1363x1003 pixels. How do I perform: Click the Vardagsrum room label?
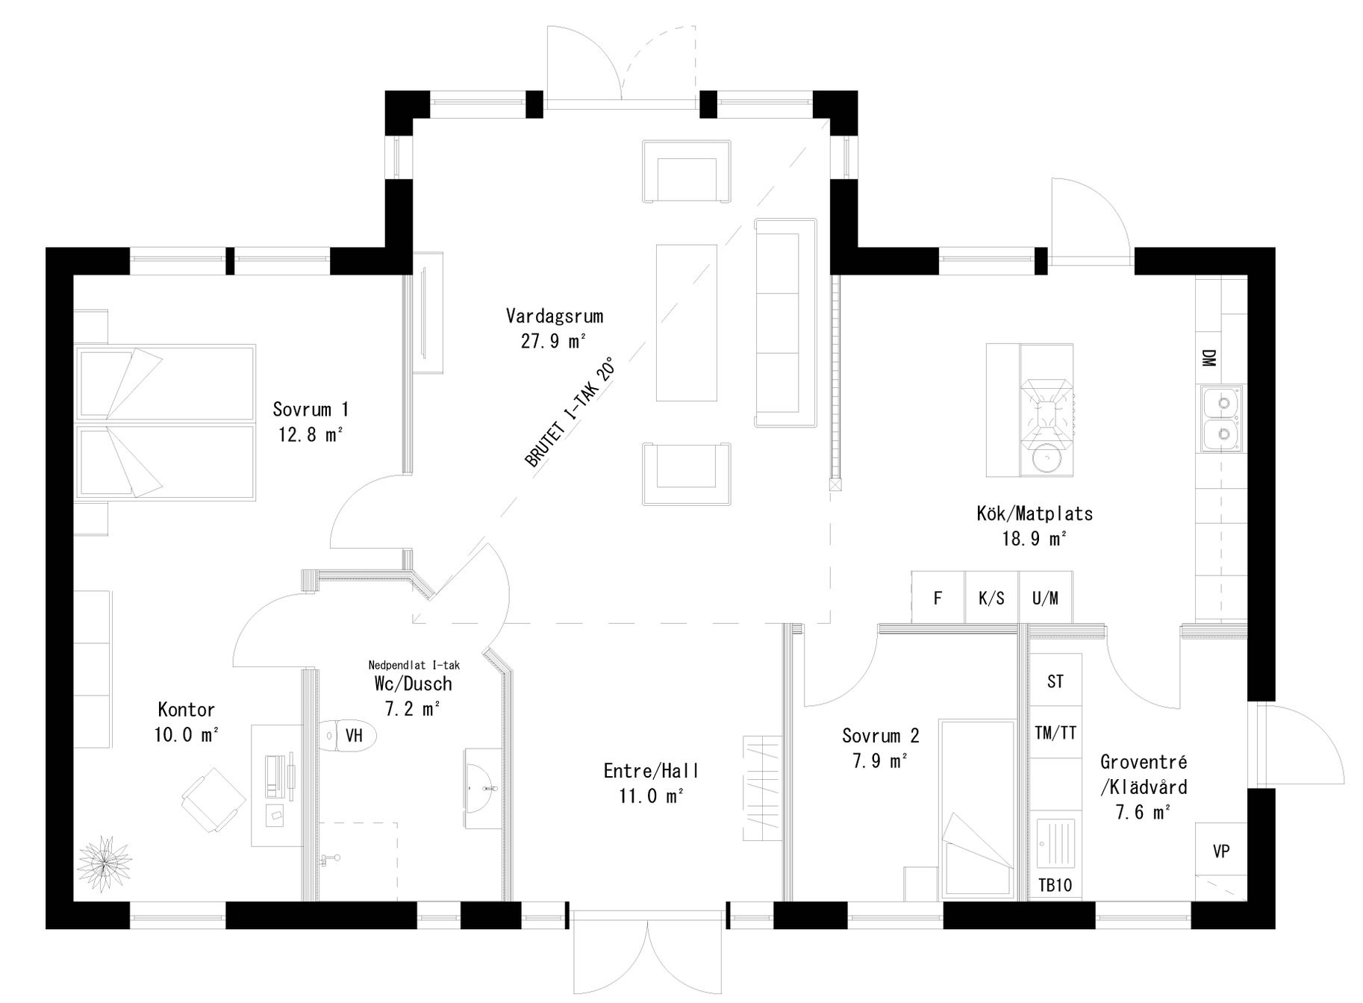554,316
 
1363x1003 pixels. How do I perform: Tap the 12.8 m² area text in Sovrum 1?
311,434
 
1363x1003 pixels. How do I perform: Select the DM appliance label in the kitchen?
1208,358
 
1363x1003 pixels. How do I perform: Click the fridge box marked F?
938,598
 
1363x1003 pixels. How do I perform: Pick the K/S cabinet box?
991,598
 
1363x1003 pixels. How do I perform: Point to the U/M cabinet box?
1045,598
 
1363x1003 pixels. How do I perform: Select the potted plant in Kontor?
105,863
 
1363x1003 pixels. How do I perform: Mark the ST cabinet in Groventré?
1055,681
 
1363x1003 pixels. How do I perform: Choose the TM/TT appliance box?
1055,733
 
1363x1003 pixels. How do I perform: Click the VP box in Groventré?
1221,851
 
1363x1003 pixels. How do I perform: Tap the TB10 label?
1055,886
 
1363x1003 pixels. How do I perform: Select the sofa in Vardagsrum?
785,322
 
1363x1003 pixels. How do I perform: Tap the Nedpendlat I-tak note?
414,665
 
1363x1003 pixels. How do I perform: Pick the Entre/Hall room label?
651,770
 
